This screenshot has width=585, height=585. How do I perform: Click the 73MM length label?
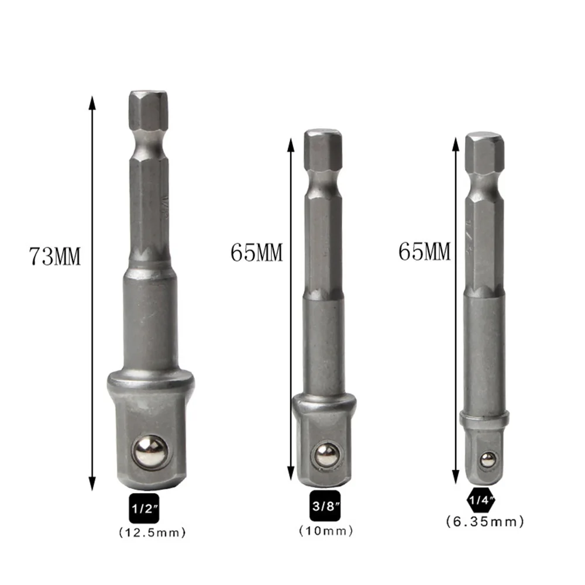pos(55,256)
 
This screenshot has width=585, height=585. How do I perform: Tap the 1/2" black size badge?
pos(144,509)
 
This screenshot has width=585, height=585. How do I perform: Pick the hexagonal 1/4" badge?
pos(480,500)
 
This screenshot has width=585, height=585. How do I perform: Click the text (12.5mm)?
pos(153,532)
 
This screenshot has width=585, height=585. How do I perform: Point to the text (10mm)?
pos(326,531)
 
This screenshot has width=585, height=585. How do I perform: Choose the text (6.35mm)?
pos(484,521)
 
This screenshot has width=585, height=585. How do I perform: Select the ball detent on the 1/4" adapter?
pos(484,459)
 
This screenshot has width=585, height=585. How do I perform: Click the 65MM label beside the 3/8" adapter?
pos(256,253)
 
